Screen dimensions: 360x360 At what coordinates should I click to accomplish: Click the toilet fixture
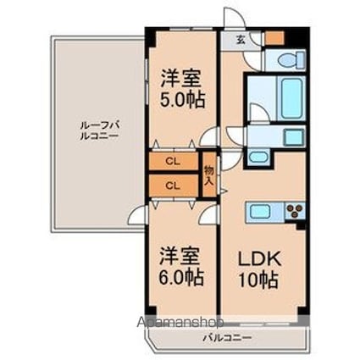coord(288,59)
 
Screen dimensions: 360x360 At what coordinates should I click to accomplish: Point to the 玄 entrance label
coord(241,40)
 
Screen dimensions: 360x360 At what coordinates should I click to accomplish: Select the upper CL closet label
coord(172,161)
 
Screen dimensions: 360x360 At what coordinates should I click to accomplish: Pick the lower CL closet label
coord(172,185)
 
